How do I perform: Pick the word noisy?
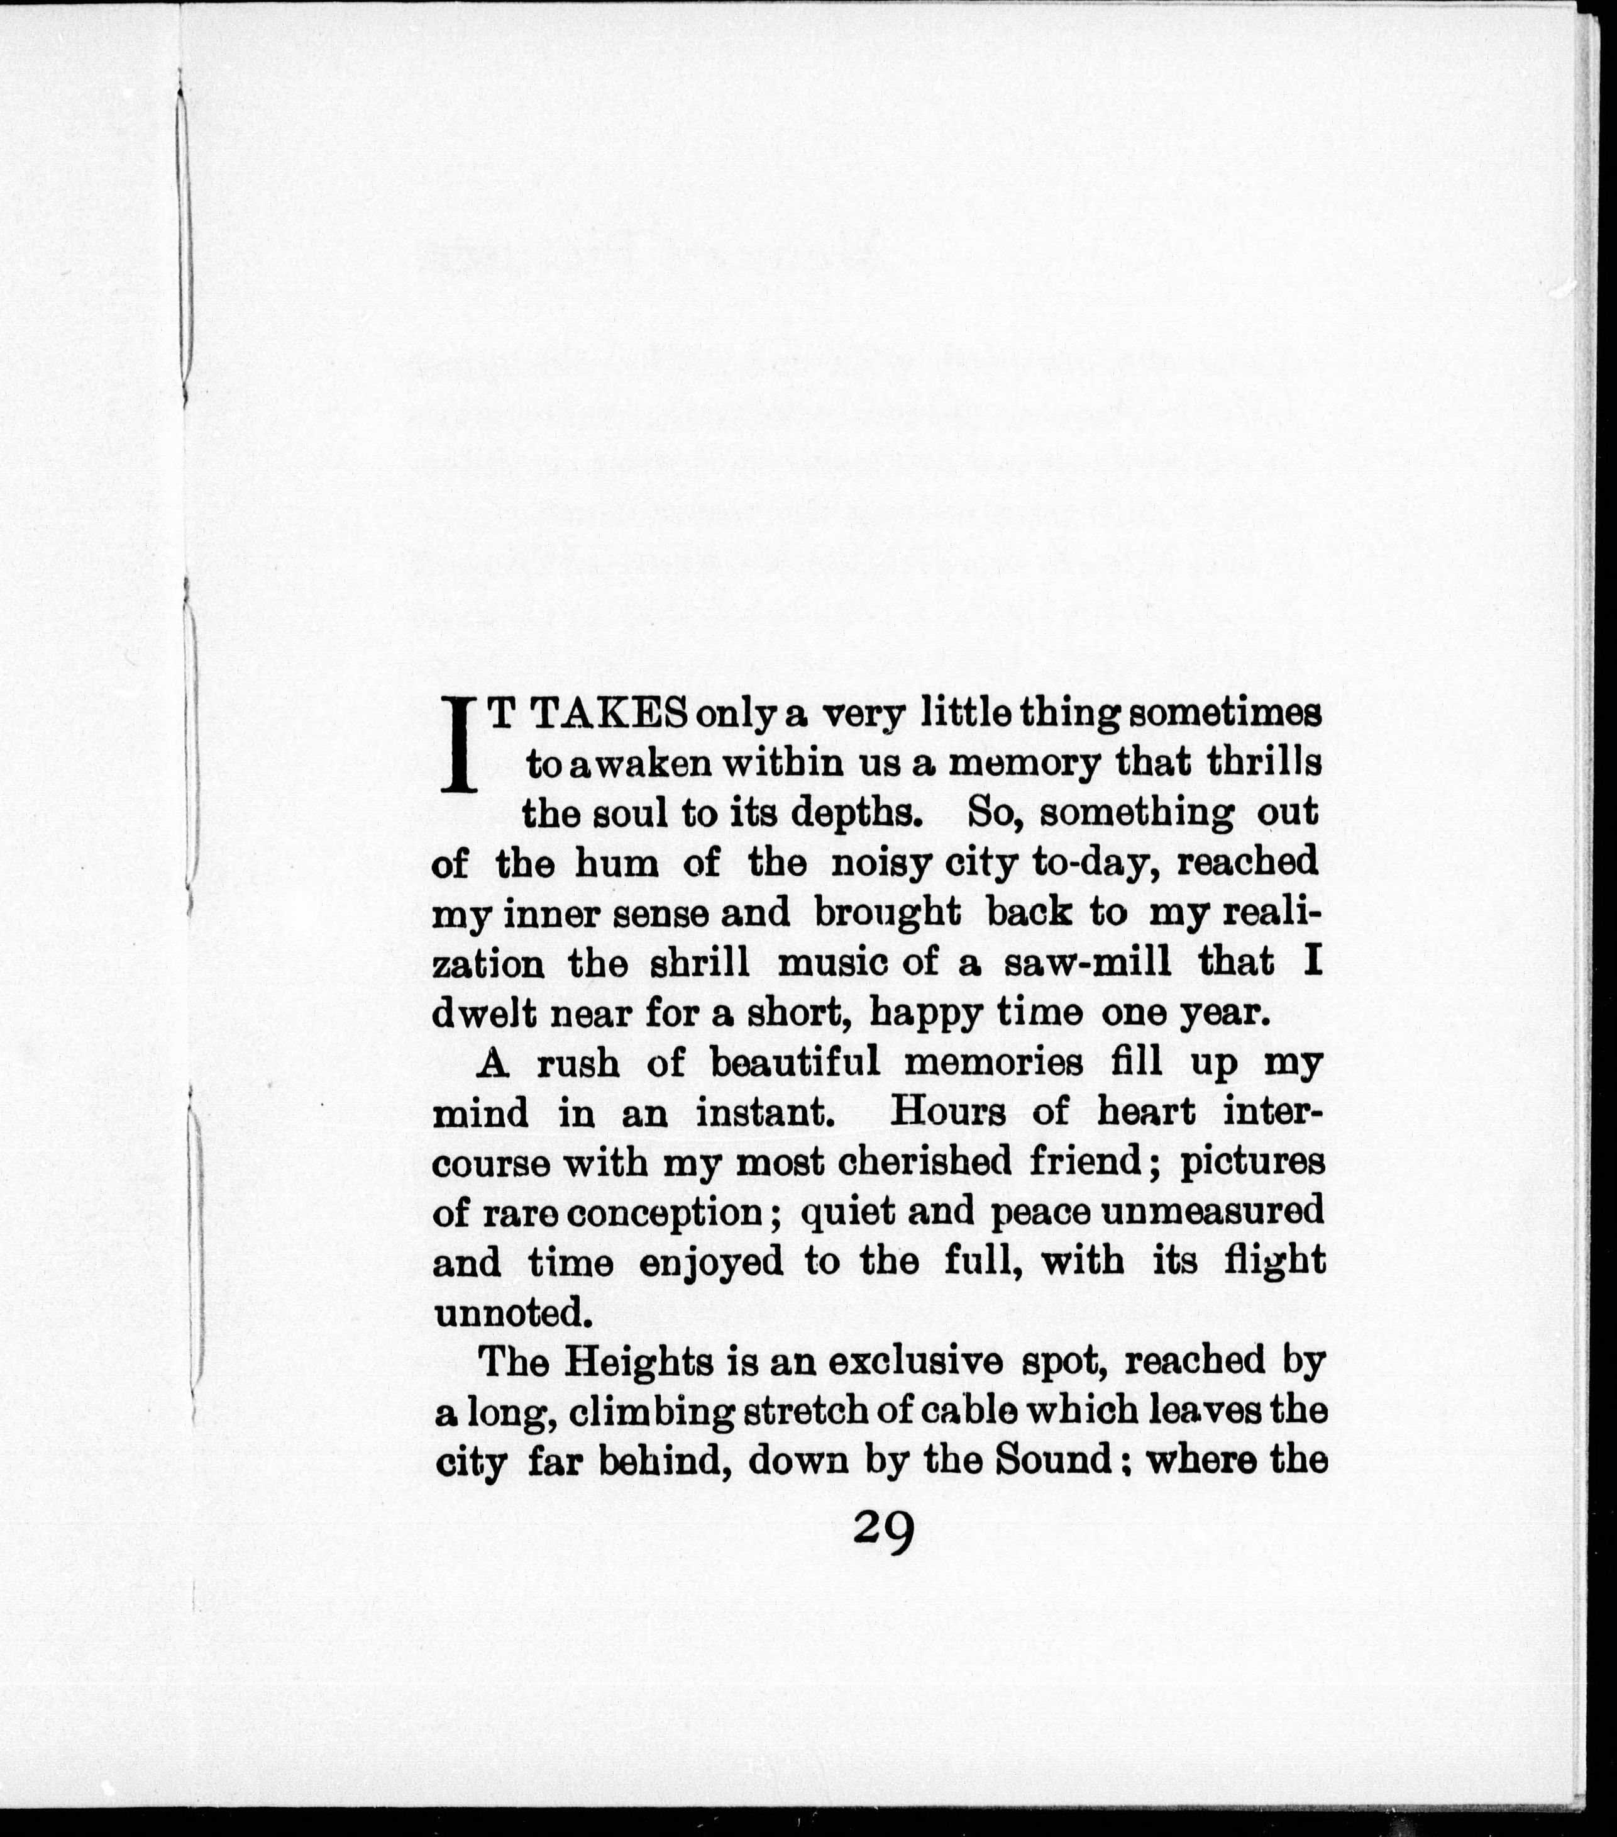tap(869, 864)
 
